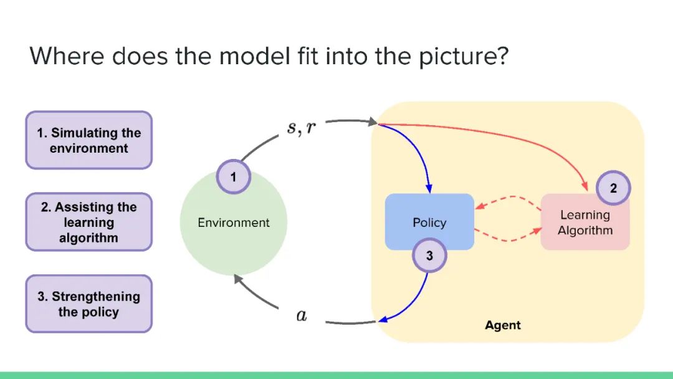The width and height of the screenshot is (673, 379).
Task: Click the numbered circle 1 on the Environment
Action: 233,177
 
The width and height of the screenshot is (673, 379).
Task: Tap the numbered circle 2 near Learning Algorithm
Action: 613,188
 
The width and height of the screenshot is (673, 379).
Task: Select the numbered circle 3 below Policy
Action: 429,255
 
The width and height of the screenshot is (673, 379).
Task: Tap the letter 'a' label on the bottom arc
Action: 302,315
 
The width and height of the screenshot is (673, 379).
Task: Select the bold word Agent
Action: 502,325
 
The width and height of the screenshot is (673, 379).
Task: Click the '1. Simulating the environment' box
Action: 88,140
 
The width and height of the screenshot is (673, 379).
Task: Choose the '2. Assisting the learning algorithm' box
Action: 88,222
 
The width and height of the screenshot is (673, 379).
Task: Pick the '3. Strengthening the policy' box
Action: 88,304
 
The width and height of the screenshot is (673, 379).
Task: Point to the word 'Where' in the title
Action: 66,57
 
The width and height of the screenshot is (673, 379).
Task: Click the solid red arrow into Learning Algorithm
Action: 511,137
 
